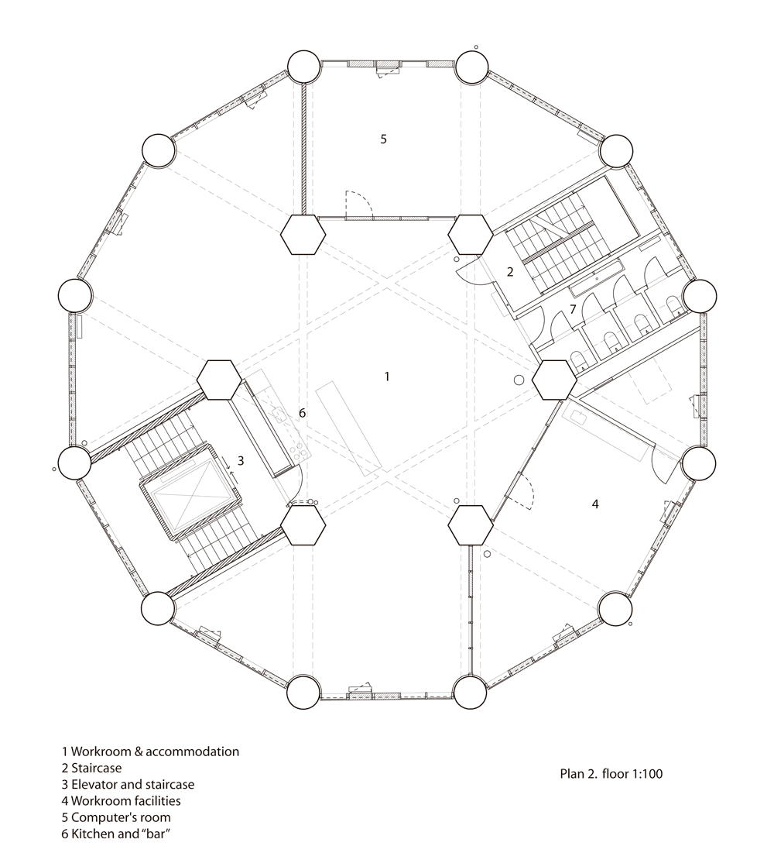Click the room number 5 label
(x=383, y=139)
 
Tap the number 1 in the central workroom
(x=386, y=377)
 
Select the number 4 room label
(x=595, y=504)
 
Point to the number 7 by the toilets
(x=572, y=310)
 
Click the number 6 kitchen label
(x=302, y=413)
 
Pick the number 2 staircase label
(x=510, y=271)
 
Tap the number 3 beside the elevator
(x=240, y=461)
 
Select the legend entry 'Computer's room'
(x=116, y=817)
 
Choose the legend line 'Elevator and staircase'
(x=128, y=785)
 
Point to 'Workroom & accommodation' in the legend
(x=150, y=752)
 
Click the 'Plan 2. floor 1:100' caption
(x=611, y=773)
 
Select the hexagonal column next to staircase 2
(x=471, y=235)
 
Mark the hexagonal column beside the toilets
(x=554, y=380)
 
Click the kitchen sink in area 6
(x=279, y=415)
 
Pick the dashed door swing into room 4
(x=523, y=489)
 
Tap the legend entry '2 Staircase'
(x=91, y=768)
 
